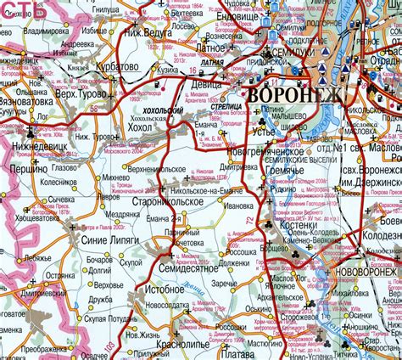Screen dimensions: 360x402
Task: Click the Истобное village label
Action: [x=165, y=290]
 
